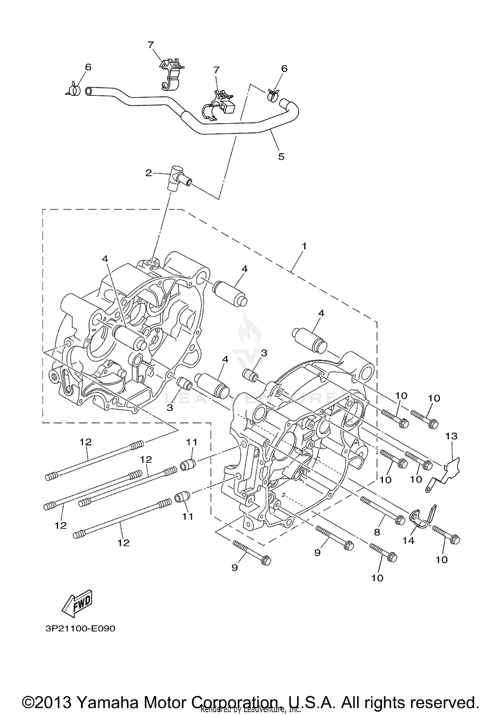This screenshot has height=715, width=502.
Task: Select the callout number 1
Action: point(304,246)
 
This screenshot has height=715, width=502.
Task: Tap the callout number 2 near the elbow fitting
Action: point(148,173)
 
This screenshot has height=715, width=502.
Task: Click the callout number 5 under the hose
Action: point(281,156)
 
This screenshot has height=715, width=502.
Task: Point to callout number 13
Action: point(451,436)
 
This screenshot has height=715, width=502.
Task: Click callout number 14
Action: point(408,540)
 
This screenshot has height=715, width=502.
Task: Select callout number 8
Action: point(377,532)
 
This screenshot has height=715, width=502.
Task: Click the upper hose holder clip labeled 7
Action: point(171,74)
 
